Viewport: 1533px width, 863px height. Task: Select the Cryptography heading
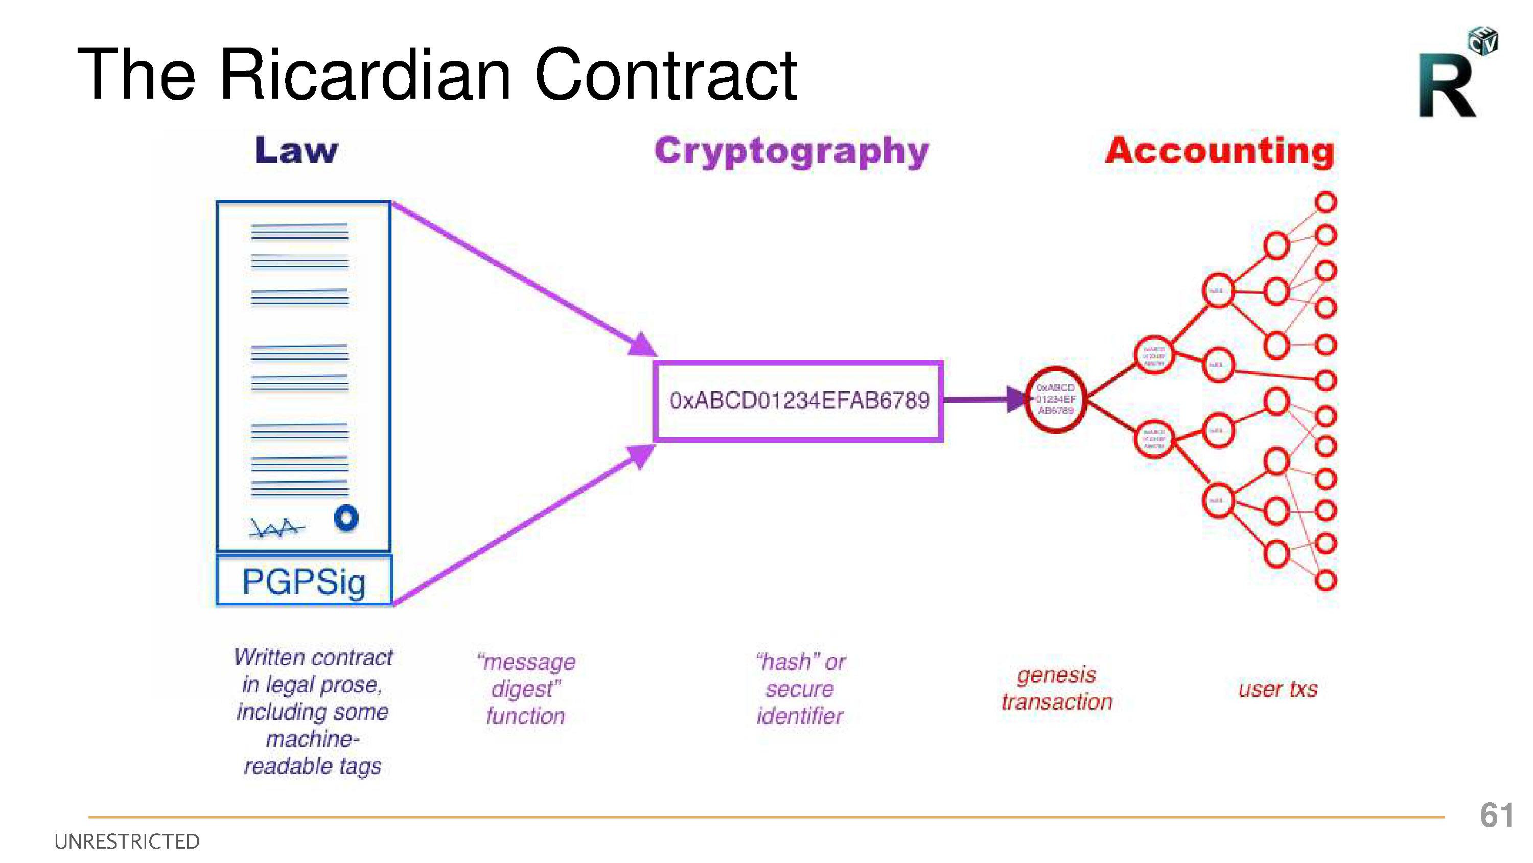[792, 151]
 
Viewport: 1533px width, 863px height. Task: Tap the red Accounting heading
[1219, 151]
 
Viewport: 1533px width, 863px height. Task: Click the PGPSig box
[304, 581]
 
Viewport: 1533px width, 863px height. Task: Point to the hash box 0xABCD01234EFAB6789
[799, 401]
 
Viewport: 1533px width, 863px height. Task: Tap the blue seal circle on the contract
[346, 517]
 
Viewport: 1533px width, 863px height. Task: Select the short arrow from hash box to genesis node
[982, 399]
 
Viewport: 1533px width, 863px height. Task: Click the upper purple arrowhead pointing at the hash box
[641, 346]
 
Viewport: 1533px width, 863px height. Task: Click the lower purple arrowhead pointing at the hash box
[640, 456]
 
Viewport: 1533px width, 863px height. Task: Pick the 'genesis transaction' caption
[1056, 689]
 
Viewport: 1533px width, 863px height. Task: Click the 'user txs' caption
[1277, 689]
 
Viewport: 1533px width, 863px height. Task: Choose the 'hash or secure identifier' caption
[800, 689]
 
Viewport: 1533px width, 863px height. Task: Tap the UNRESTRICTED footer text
[127, 842]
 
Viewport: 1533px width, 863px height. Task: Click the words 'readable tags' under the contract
[312, 766]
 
